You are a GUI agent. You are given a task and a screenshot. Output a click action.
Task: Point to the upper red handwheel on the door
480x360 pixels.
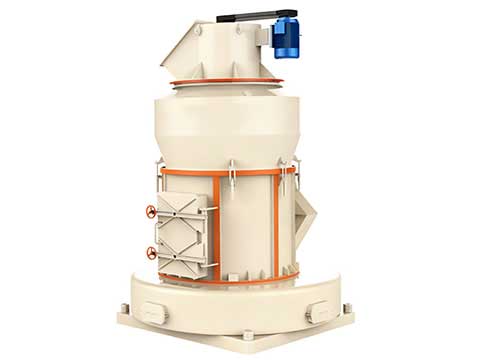pos(151,212)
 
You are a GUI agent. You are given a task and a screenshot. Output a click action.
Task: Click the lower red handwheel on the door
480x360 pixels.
pos(151,252)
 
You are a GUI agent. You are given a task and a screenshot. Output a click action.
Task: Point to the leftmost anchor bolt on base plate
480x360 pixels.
pos(121,307)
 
